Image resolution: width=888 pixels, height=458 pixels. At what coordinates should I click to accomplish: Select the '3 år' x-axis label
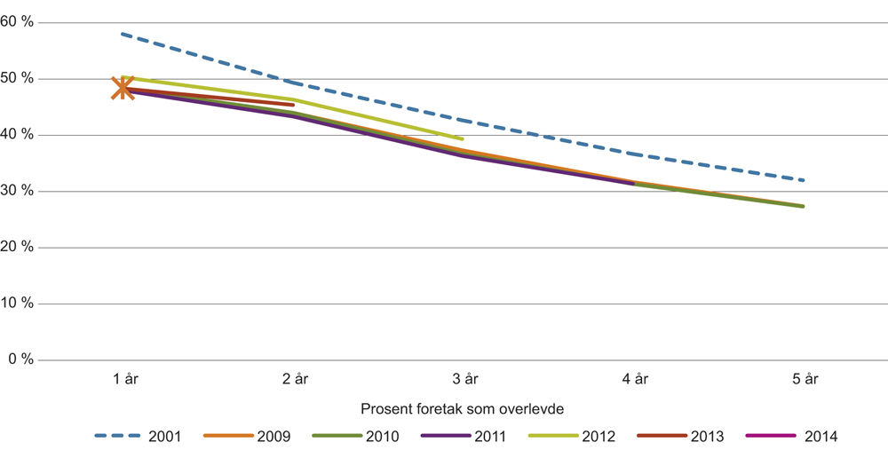point(464,379)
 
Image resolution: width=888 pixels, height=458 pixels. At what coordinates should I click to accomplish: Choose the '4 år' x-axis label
point(634,379)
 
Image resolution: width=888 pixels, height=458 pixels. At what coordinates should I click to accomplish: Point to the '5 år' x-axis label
point(804,379)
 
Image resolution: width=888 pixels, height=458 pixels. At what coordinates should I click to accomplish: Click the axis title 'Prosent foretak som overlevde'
point(463,409)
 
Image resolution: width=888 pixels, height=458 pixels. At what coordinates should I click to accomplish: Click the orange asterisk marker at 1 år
point(123,89)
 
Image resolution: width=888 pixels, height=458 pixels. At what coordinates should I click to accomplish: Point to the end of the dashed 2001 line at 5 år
point(803,180)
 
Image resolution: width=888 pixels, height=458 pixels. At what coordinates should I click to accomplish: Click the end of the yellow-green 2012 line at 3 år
point(463,138)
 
